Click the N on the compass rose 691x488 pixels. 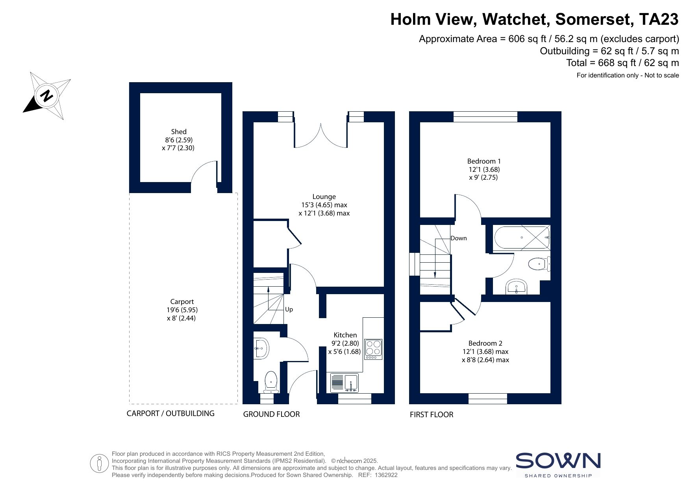(x=47, y=96)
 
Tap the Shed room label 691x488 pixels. (x=179, y=132)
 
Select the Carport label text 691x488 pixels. (x=182, y=302)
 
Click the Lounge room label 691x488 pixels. (x=324, y=197)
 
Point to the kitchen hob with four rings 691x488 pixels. (x=373, y=349)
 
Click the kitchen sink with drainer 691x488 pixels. (x=345, y=383)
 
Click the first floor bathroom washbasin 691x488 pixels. (x=516, y=287)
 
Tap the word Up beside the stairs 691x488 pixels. (x=289, y=309)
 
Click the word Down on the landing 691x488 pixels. (x=459, y=238)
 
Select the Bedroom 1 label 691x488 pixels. (x=484, y=161)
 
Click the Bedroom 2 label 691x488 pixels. (x=485, y=343)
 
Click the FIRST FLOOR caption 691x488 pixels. (x=432, y=414)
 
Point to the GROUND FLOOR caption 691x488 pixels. (x=271, y=414)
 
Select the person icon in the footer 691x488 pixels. (x=99, y=464)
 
